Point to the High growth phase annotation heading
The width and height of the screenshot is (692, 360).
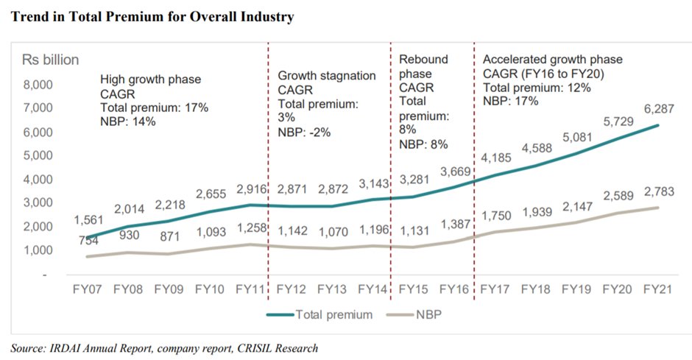[150, 80]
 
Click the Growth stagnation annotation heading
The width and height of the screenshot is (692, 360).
[326, 76]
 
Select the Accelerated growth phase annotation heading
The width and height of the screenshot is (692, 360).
[551, 60]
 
